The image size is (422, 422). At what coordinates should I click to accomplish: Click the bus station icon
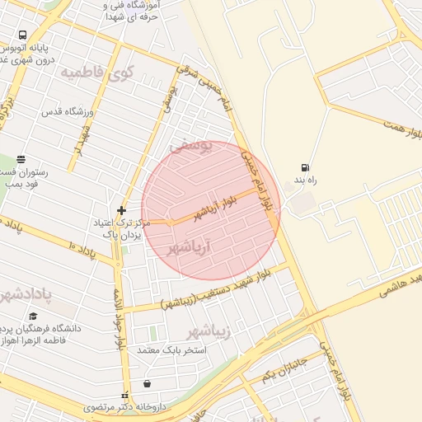21,36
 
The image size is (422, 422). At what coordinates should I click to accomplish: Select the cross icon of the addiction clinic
121,210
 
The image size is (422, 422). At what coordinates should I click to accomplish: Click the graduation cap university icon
33,316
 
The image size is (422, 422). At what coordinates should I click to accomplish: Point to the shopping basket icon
147,383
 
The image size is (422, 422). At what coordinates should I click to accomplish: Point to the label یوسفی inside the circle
192,146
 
